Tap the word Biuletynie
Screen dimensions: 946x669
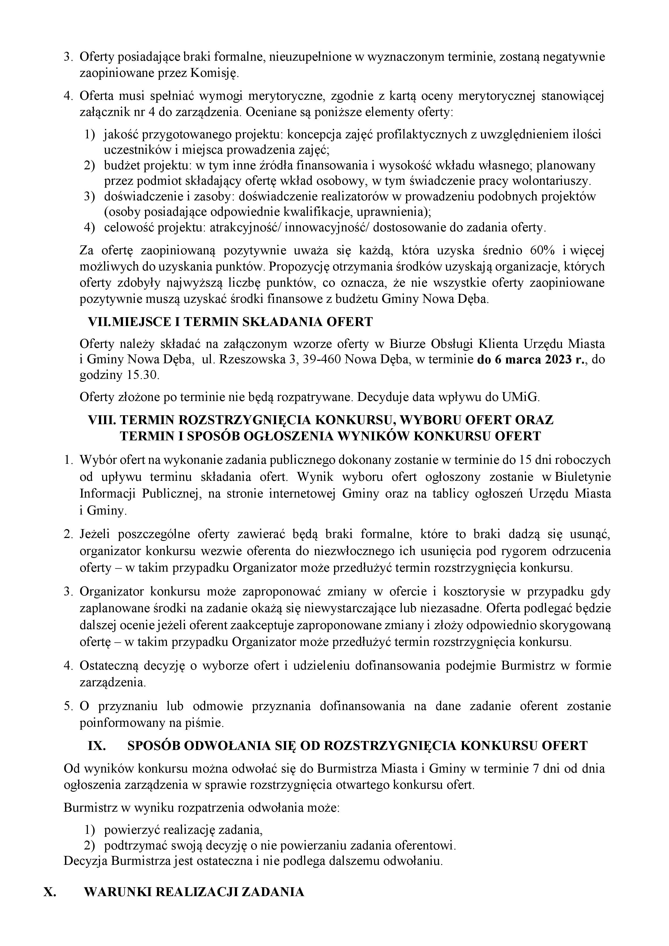pos(583,477)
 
